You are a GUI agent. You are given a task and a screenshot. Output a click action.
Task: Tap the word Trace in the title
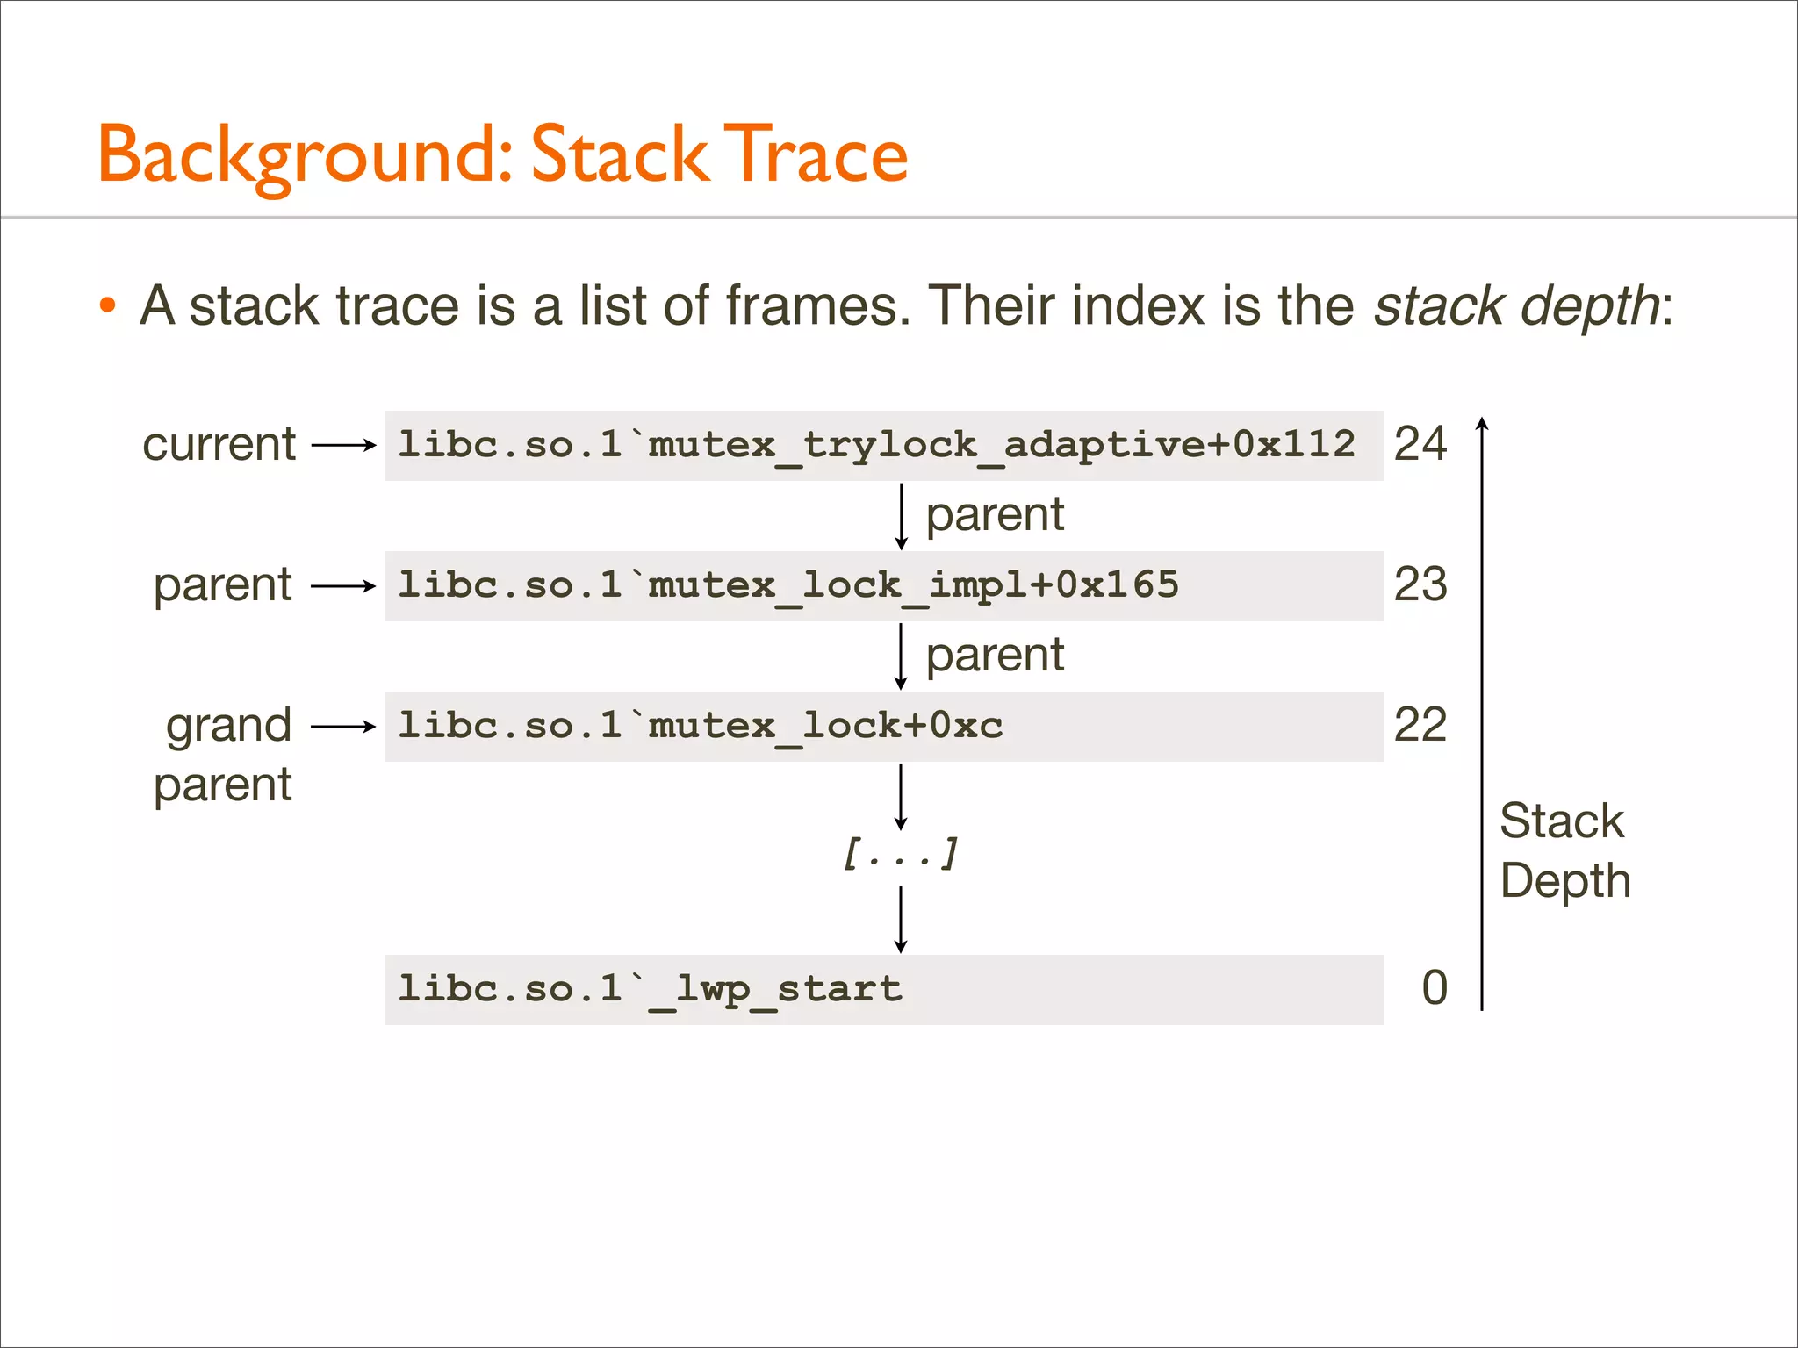pyautogui.click(x=819, y=155)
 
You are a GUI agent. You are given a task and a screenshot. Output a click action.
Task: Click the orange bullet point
pyautogui.click(x=108, y=305)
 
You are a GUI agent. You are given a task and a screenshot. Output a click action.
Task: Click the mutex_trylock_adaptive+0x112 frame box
pyautogui.click(x=883, y=445)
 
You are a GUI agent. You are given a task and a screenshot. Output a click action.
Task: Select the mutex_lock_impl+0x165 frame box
pyautogui.click(x=883, y=585)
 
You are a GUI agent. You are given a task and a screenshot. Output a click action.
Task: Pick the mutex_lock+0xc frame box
pyautogui.click(x=883, y=726)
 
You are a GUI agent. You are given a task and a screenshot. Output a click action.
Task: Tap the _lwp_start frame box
pyautogui.click(x=883, y=989)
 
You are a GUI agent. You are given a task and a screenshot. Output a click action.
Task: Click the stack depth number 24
pyautogui.click(x=1420, y=444)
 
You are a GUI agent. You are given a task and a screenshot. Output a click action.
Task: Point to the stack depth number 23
pyautogui.click(x=1420, y=584)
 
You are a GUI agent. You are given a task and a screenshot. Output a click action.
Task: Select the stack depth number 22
pyautogui.click(x=1420, y=725)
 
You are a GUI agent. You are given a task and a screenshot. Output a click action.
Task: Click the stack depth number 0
pyautogui.click(x=1435, y=988)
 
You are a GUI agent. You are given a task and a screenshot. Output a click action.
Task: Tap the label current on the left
pyautogui.click(x=219, y=444)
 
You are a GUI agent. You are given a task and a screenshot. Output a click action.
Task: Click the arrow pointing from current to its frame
pyautogui.click(x=343, y=445)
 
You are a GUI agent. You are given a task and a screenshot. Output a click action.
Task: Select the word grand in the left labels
pyautogui.click(x=228, y=725)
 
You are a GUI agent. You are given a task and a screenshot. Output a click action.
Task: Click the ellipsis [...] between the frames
pyautogui.click(x=900, y=853)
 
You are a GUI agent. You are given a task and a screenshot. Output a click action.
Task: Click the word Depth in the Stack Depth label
pyautogui.click(x=1565, y=880)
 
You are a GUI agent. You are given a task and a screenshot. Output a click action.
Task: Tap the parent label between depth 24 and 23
pyautogui.click(x=995, y=514)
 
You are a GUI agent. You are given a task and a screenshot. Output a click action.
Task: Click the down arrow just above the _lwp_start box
pyautogui.click(x=901, y=920)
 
